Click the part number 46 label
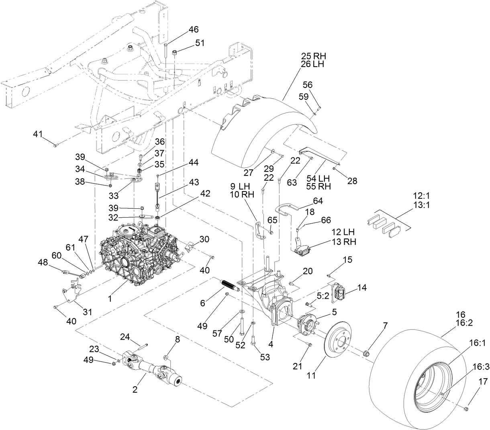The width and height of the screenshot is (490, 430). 194,30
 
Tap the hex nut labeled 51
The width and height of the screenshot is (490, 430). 176,53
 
